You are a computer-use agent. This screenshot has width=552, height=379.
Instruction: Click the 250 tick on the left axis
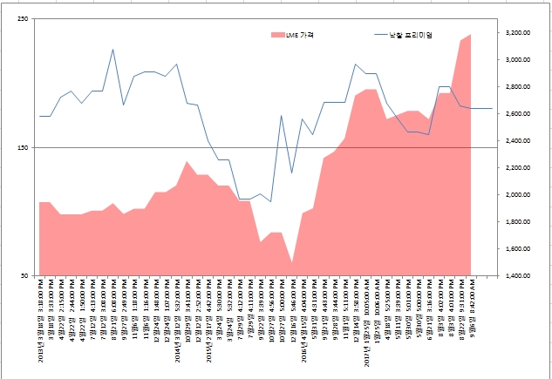[23, 19]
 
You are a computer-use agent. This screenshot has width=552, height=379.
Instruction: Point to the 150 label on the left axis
[23, 147]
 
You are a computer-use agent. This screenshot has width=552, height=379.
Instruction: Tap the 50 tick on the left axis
[24, 276]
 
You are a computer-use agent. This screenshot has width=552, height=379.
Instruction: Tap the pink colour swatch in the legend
[278, 35]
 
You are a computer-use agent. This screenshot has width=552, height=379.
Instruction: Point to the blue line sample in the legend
[385, 35]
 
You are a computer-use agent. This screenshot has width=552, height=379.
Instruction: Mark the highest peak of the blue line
[113, 50]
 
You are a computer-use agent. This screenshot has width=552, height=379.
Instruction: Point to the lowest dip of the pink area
[292, 261]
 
